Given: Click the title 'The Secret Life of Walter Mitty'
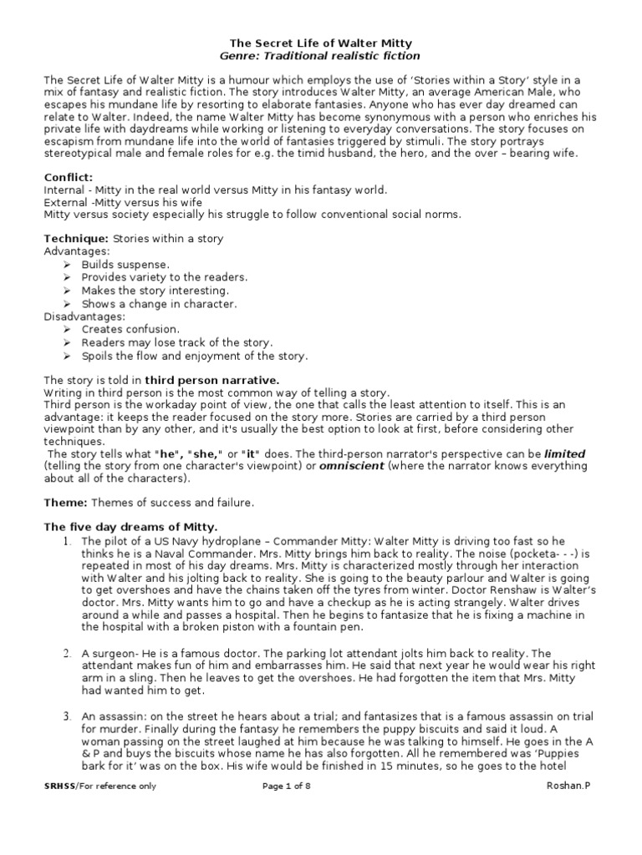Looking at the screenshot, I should click(321, 43).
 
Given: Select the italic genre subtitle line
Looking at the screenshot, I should click(321, 55).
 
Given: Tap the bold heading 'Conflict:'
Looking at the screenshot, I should click(69, 177).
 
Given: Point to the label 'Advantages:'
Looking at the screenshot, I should click(77, 250).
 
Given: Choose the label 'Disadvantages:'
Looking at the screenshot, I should click(84, 316).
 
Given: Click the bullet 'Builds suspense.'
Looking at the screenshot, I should click(125, 264).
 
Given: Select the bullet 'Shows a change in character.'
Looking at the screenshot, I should click(159, 304).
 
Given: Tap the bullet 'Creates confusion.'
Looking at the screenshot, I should click(130, 330).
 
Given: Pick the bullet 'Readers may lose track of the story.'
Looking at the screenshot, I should click(176, 342).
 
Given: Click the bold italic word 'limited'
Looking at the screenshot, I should click(565, 453).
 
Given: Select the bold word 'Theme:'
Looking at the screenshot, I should click(65, 503).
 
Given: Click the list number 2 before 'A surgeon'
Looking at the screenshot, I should click(66, 652).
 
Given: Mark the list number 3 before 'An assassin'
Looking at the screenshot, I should click(66, 716).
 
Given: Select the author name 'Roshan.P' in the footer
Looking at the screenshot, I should click(568, 786).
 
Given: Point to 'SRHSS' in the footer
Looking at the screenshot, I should click(59, 786).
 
